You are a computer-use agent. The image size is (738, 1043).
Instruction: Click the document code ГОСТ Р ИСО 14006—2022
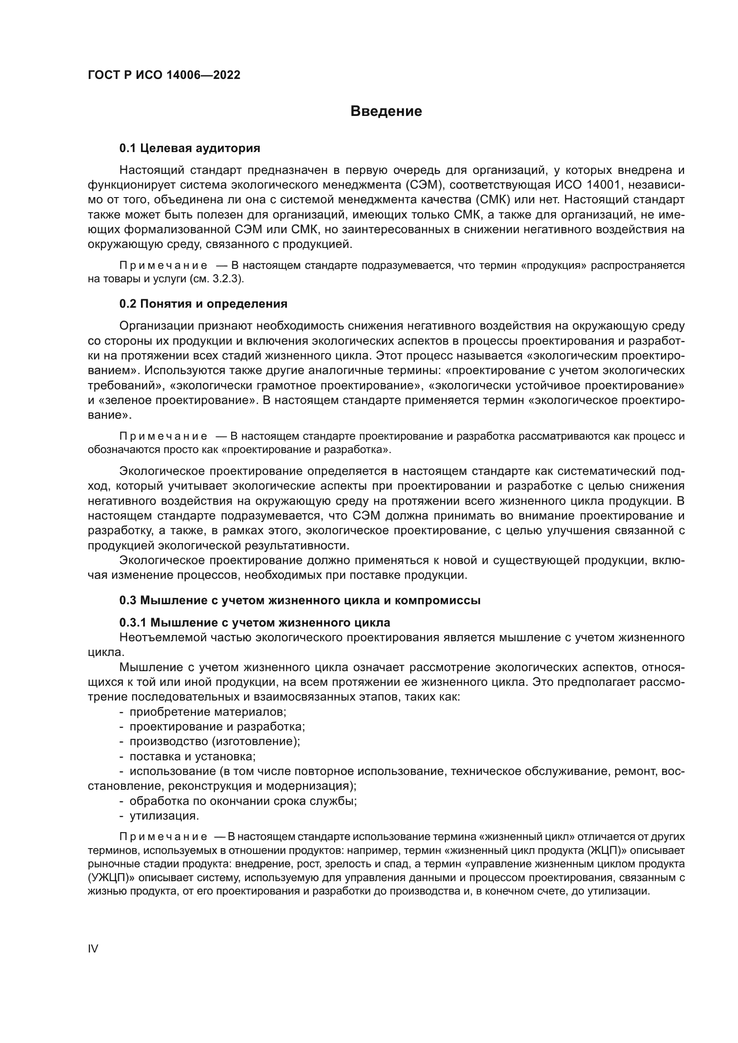pos(164,75)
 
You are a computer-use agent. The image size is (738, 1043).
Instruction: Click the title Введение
pos(386,111)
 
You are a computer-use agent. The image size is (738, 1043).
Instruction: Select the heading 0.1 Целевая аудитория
pos(190,148)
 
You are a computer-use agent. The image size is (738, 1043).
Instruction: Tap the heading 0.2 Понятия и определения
pos(203,304)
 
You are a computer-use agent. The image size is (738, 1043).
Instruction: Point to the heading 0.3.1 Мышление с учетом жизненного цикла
pos(254,622)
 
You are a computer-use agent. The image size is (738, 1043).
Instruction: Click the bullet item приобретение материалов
pos(207,712)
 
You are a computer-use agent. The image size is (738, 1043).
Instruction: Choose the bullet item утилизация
pos(164,816)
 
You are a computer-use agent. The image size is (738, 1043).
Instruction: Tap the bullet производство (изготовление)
pos(215,742)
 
